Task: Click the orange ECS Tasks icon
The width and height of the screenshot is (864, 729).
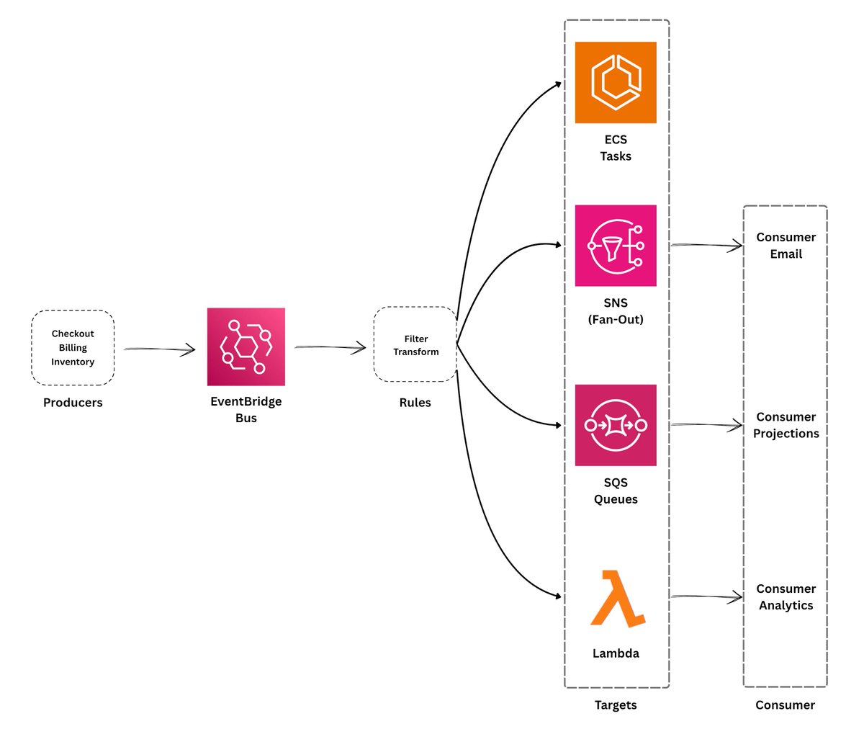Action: (x=615, y=82)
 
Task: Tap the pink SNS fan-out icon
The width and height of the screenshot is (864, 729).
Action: (x=615, y=246)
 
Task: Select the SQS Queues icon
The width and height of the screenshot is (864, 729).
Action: (x=615, y=425)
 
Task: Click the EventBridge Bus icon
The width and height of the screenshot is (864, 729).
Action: (x=246, y=346)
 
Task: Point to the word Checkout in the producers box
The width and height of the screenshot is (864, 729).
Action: (x=73, y=334)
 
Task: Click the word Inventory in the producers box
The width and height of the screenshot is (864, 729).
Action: (x=73, y=362)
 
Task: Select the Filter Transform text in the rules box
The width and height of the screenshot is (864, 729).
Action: (x=415, y=345)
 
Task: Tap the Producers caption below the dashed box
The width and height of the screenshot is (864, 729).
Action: (x=73, y=403)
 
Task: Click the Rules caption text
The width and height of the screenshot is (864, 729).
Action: (x=415, y=403)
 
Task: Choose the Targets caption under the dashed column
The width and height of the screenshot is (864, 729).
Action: (x=615, y=705)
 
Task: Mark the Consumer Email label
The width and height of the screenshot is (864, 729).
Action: (x=786, y=246)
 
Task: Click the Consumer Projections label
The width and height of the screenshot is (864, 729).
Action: (x=786, y=425)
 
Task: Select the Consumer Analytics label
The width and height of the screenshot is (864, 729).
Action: (x=786, y=597)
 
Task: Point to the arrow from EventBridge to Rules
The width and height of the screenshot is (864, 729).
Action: (x=330, y=348)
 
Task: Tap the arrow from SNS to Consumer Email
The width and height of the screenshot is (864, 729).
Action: (x=706, y=246)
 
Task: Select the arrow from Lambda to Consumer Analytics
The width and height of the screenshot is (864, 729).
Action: (x=706, y=596)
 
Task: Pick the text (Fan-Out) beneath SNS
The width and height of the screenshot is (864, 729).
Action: (x=615, y=319)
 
